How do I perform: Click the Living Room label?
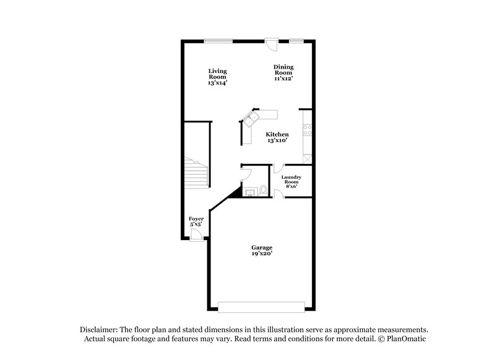(x=217, y=74)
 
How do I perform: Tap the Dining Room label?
(x=283, y=69)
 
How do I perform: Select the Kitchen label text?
(x=277, y=134)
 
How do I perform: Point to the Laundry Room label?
(x=291, y=180)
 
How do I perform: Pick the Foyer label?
(x=196, y=219)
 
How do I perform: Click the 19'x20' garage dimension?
(x=261, y=254)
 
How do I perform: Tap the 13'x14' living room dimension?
(x=217, y=83)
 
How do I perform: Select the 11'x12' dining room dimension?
(x=283, y=79)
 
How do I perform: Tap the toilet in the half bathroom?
(x=264, y=191)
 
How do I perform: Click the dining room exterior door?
(x=271, y=43)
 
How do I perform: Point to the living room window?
(x=219, y=41)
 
